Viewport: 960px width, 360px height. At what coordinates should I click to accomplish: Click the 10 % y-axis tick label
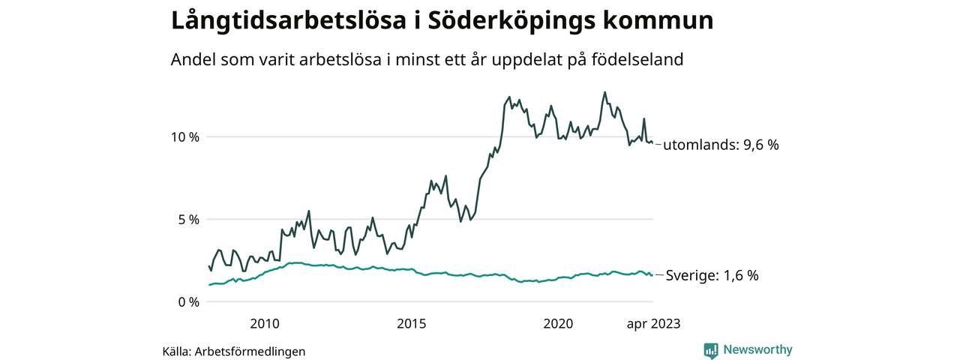184,137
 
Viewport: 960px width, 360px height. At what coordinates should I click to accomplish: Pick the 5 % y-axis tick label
187,220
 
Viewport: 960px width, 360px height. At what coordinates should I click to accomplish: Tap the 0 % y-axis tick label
187,302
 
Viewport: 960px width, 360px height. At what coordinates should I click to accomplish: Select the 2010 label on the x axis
265,324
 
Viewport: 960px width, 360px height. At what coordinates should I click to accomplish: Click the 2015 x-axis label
411,324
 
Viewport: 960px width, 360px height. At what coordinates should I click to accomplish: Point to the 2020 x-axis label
558,324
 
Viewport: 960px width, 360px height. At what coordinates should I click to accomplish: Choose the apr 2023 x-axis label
653,324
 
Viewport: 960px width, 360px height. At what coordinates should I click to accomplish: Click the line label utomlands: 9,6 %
721,145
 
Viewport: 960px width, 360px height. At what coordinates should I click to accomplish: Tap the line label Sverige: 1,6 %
712,276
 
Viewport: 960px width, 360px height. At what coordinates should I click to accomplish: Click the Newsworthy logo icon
711,350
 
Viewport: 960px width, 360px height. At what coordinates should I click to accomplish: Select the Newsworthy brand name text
757,349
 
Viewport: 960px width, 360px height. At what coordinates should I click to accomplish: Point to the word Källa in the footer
176,351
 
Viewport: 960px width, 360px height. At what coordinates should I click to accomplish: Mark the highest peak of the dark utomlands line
604,92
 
